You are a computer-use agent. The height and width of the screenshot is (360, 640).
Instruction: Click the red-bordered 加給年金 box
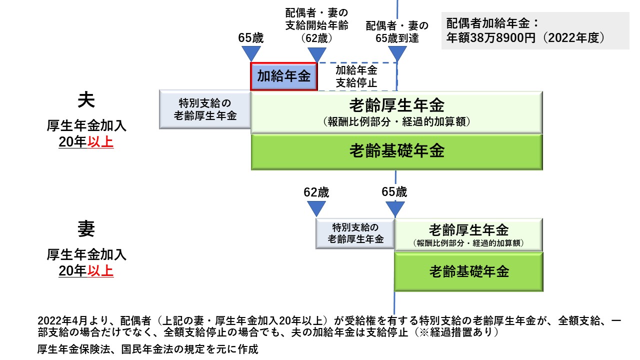tap(283, 76)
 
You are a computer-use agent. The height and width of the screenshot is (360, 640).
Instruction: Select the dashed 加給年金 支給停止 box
tap(356, 76)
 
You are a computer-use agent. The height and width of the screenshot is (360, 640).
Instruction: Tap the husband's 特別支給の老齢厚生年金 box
tap(205, 109)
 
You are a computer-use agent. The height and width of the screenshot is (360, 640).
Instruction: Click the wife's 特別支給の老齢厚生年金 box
tap(355, 233)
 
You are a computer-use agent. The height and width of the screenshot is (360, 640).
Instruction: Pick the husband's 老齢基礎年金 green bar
tap(396, 151)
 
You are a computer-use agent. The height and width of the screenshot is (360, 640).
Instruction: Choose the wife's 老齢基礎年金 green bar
tap(468, 271)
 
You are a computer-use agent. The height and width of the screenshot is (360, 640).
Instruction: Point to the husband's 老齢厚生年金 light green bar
tap(396, 111)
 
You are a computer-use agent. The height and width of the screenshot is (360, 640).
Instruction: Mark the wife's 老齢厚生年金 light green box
tap(468, 234)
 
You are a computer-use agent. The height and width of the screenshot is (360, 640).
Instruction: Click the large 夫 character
tap(86, 100)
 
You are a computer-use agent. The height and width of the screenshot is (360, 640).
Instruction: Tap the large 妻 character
tap(86, 229)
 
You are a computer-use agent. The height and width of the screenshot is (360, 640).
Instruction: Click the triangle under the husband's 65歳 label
tap(250, 53)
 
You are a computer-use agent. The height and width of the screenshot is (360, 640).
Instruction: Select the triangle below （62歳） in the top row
tap(316, 53)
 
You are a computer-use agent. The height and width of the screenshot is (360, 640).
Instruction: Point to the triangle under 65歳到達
tap(397, 53)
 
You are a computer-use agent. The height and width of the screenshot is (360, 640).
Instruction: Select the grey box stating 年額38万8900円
tap(535, 31)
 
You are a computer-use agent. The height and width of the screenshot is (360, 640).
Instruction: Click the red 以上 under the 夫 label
tap(100, 142)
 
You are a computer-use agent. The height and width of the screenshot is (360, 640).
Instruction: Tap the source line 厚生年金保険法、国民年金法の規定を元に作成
tap(147, 349)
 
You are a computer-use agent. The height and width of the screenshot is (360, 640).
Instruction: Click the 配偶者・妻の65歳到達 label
tap(397, 31)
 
